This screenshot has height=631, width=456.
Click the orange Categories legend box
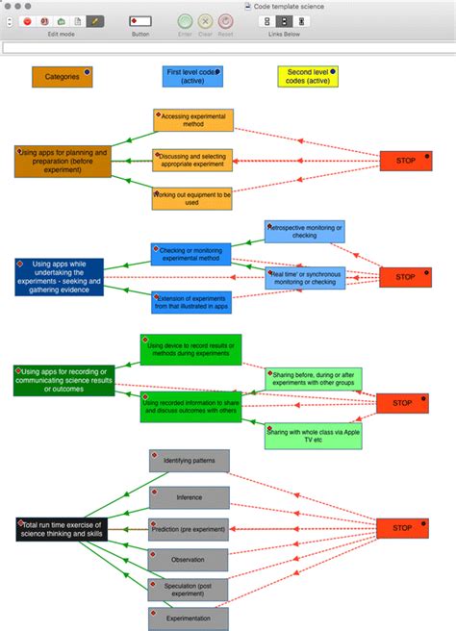(62, 77)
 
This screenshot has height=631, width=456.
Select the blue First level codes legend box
(192, 77)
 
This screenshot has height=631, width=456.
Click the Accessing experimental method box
(192, 120)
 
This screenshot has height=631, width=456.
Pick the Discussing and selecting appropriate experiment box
(192, 160)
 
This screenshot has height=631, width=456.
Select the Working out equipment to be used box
(192, 198)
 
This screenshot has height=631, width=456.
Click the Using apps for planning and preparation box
(63, 161)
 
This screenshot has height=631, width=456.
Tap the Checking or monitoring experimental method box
(190, 254)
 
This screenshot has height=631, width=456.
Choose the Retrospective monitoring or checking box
(304, 231)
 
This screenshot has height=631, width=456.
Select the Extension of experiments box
(190, 302)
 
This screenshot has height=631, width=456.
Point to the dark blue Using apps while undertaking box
(59, 276)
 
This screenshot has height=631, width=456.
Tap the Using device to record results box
(191, 349)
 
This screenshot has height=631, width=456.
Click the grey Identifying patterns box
(189, 461)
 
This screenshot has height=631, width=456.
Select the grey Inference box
(189, 497)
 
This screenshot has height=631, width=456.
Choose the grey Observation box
(189, 559)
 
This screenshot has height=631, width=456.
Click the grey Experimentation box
(189, 618)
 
